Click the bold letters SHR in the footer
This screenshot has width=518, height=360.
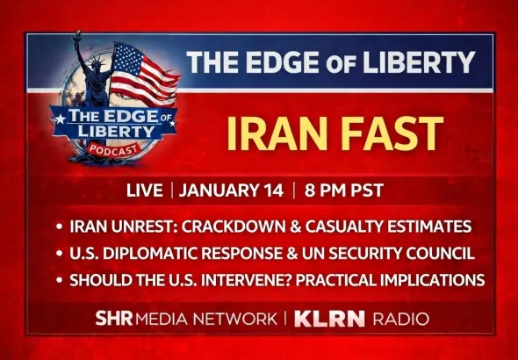pos(112,318)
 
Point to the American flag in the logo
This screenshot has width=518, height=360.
pos(143,72)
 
